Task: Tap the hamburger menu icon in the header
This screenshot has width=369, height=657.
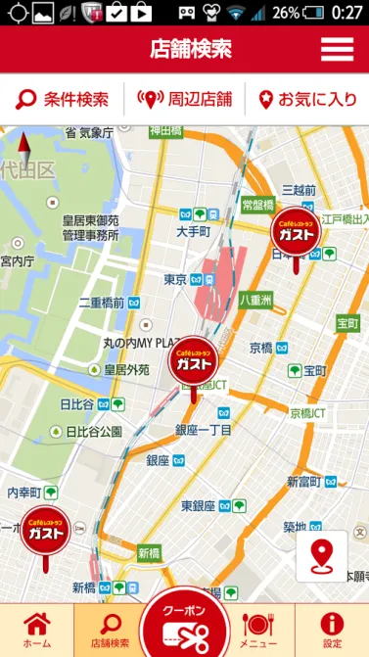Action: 337,49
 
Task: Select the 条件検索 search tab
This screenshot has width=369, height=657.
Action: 63,99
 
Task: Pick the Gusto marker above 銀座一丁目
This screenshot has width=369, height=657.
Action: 194,363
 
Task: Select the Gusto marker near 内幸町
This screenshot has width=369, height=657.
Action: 45,531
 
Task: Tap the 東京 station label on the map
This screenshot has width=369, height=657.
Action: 176,280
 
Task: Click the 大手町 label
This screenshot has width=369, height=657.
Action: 193,232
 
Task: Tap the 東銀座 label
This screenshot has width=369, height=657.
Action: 199,505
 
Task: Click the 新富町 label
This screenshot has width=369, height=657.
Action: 305,482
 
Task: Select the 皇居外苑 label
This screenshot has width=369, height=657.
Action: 127,370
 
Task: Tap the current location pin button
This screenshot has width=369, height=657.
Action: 321,556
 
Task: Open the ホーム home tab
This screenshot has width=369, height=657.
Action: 36,630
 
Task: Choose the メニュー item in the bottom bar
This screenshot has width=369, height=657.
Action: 258,630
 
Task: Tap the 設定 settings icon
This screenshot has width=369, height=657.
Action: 332,630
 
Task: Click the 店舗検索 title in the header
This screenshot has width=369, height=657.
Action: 192,49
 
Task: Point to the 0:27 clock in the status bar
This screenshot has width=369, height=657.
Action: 346,13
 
